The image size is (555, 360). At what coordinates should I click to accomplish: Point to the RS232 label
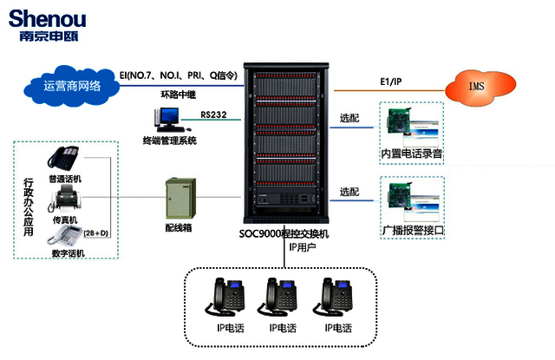pyautogui.click(x=214, y=114)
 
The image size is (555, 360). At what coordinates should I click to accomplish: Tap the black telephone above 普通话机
pyautogui.click(x=63, y=159)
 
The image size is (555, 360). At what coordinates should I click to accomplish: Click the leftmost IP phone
pyautogui.click(x=228, y=298)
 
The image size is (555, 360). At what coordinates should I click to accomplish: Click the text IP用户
pyautogui.click(x=304, y=248)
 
